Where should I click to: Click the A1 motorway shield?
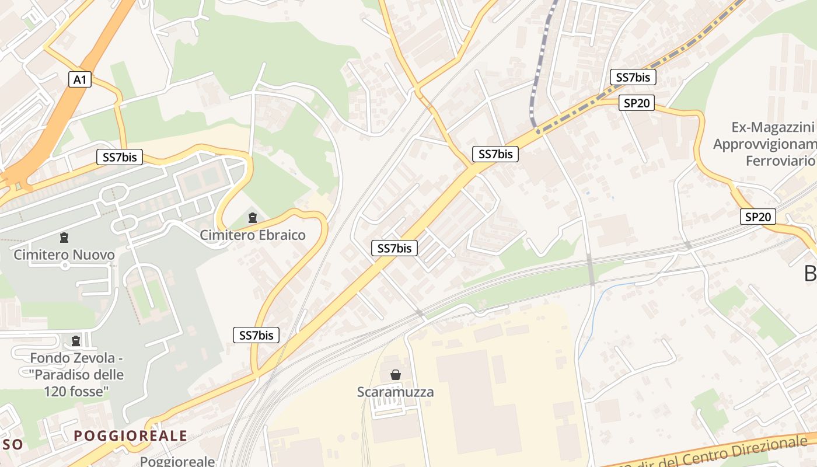80,79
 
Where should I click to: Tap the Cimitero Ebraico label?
253,235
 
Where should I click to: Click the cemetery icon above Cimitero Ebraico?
252,218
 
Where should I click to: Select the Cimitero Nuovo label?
64,255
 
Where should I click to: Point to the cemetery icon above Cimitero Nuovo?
64,238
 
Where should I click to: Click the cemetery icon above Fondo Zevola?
75,340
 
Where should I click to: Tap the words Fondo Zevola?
73,357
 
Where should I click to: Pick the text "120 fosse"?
76,391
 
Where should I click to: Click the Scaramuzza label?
396,392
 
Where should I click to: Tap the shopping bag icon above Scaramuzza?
396,375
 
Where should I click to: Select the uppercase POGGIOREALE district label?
131,435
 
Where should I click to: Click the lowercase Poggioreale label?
177,461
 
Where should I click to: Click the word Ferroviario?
780,161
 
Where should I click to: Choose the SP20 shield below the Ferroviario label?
759,217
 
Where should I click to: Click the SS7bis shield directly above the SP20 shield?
633,77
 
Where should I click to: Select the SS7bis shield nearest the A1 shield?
120,156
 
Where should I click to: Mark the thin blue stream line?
601,304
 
